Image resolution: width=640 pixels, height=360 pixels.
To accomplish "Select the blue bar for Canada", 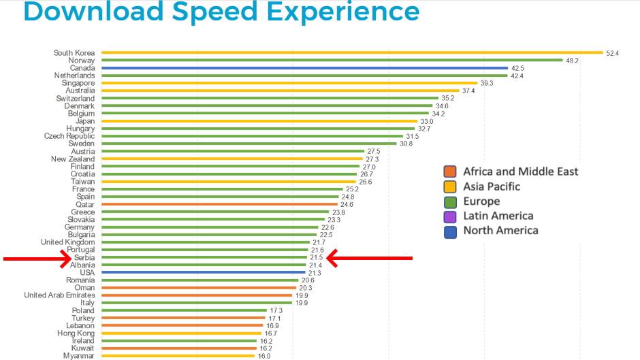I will [x=304, y=68].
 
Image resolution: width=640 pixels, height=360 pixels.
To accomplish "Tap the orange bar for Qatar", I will [x=219, y=204].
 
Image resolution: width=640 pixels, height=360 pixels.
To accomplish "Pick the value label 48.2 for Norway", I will [x=572, y=61].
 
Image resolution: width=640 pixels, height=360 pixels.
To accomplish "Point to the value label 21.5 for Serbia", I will [x=316, y=257].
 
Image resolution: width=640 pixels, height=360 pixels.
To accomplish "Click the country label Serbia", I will [x=84, y=257].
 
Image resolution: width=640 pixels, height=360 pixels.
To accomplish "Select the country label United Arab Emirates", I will [x=59, y=295].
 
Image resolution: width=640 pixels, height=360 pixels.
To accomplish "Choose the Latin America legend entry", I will [x=498, y=216].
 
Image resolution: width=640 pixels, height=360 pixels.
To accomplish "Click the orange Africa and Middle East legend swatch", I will [x=449, y=171].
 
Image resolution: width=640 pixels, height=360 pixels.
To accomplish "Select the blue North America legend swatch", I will [x=449, y=231].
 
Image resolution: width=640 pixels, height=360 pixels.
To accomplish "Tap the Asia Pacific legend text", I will [x=492, y=186].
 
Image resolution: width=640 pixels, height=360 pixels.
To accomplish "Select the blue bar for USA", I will [x=204, y=272].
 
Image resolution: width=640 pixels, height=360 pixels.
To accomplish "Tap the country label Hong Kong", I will [x=76, y=333].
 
